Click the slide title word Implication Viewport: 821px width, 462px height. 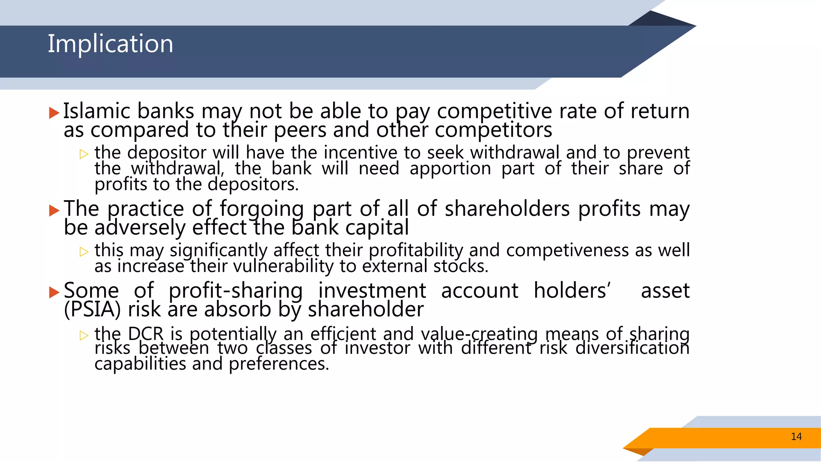[110, 44]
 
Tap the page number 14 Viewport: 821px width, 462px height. [796, 437]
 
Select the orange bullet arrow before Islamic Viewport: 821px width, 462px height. [54, 113]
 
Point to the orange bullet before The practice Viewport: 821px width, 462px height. [54, 210]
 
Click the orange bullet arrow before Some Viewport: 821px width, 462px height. [54, 292]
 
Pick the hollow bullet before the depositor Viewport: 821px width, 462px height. [84, 154]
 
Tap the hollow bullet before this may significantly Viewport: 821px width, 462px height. [84, 252]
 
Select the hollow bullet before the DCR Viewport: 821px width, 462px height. [84, 335]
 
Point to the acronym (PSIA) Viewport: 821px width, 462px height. [92, 310]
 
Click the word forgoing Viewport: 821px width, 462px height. [261, 209]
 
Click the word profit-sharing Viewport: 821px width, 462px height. [235, 291]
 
